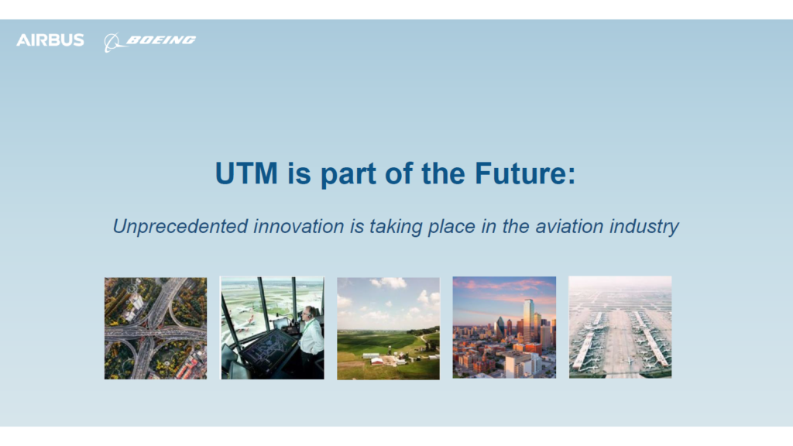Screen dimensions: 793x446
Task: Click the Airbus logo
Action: click(50, 40)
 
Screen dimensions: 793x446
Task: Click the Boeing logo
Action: click(149, 42)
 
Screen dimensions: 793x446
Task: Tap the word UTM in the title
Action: click(246, 173)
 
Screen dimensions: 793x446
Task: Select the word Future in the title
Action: click(525, 173)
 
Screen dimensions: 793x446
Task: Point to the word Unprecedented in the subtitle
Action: click(180, 227)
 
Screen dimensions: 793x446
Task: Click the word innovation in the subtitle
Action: click(298, 226)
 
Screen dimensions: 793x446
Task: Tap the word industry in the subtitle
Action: click(644, 227)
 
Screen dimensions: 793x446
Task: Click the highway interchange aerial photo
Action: click(156, 328)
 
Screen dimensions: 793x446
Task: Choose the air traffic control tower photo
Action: click(273, 328)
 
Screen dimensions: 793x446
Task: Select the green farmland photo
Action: click(389, 328)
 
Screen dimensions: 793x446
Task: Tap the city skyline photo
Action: click(504, 328)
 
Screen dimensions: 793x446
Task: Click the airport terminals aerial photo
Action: click(620, 328)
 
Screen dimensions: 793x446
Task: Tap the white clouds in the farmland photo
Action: click(390, 283)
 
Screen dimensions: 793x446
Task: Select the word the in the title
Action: click(443, 173)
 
